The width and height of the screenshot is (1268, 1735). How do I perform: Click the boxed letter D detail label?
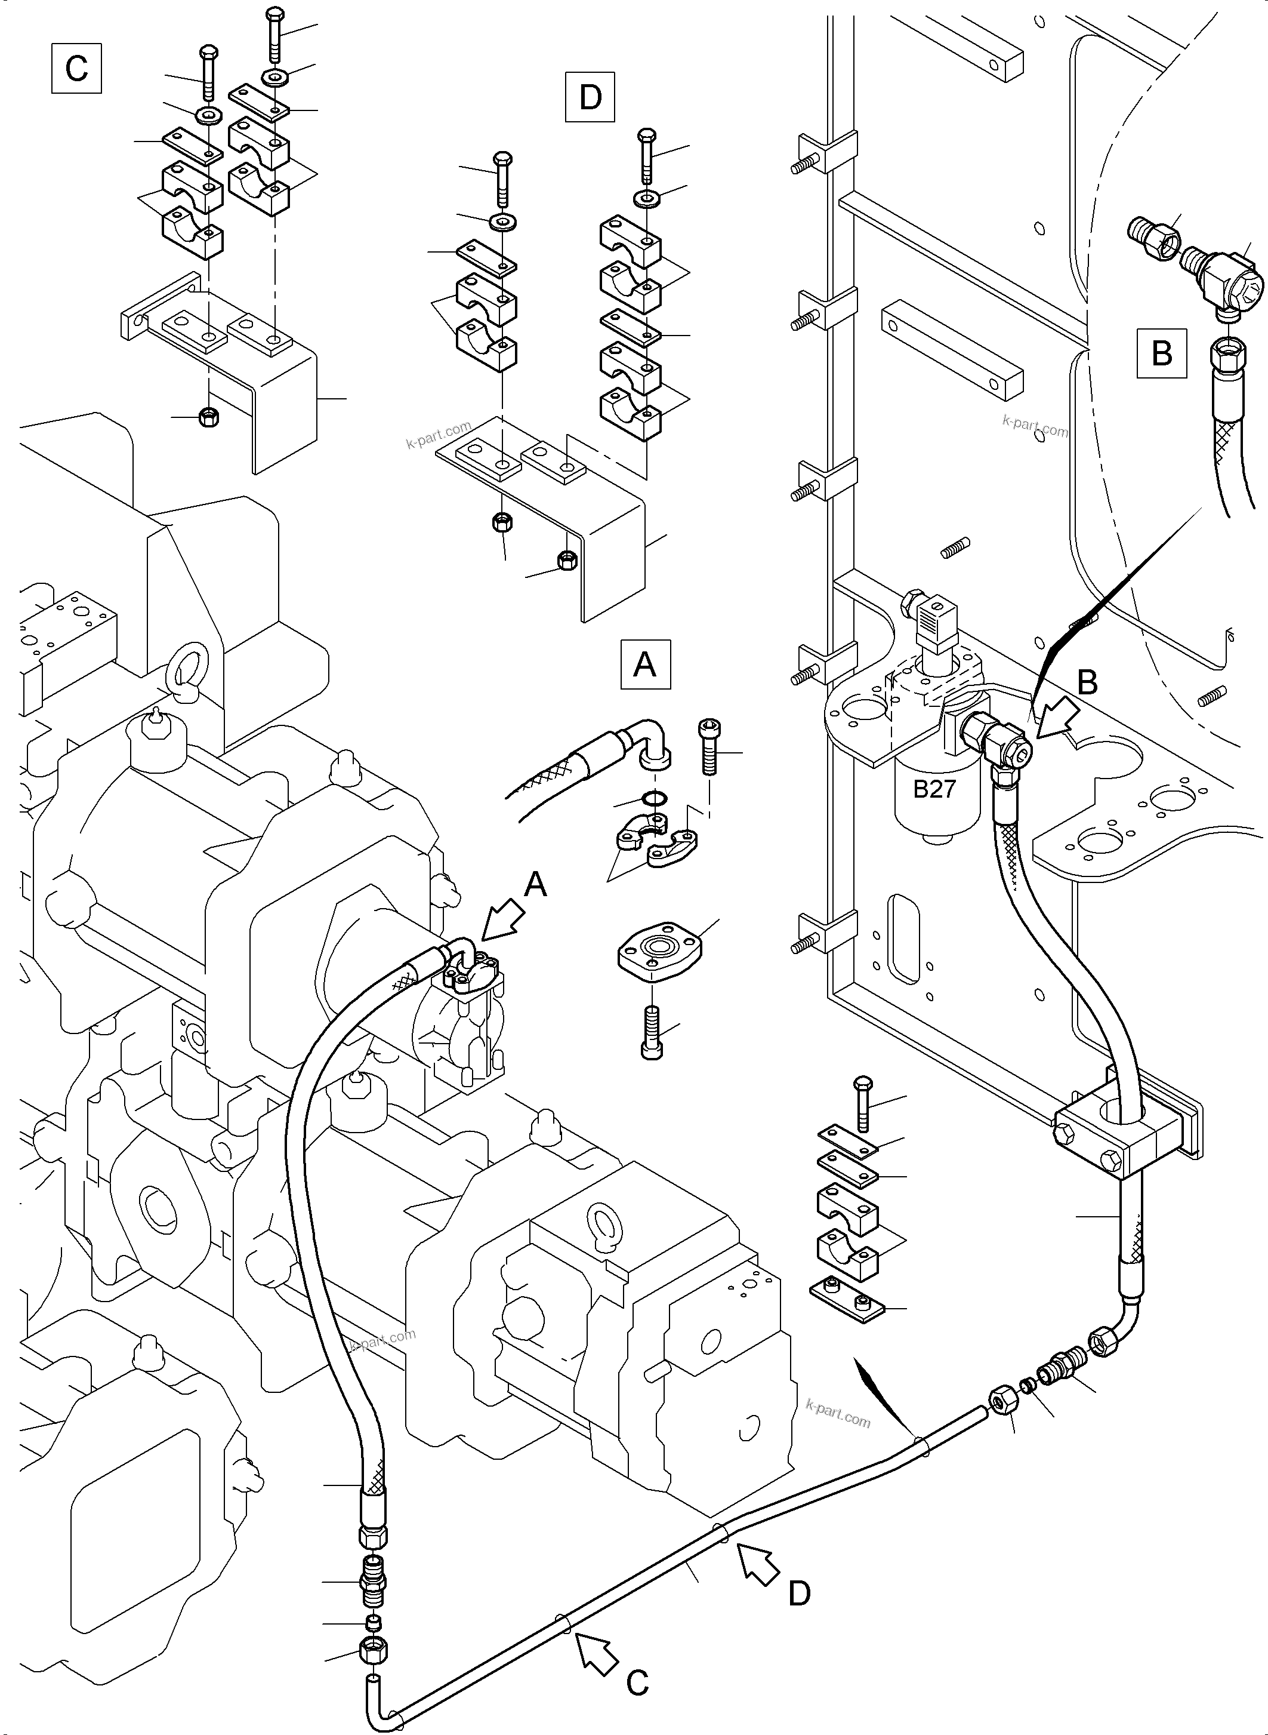point(590,97)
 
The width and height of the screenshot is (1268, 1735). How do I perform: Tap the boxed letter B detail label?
point(1161,353)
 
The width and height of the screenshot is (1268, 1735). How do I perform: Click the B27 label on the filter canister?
point(933,789)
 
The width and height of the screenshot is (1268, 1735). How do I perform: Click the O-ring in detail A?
point(652,799)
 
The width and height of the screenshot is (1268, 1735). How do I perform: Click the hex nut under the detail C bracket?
point(208,418)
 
